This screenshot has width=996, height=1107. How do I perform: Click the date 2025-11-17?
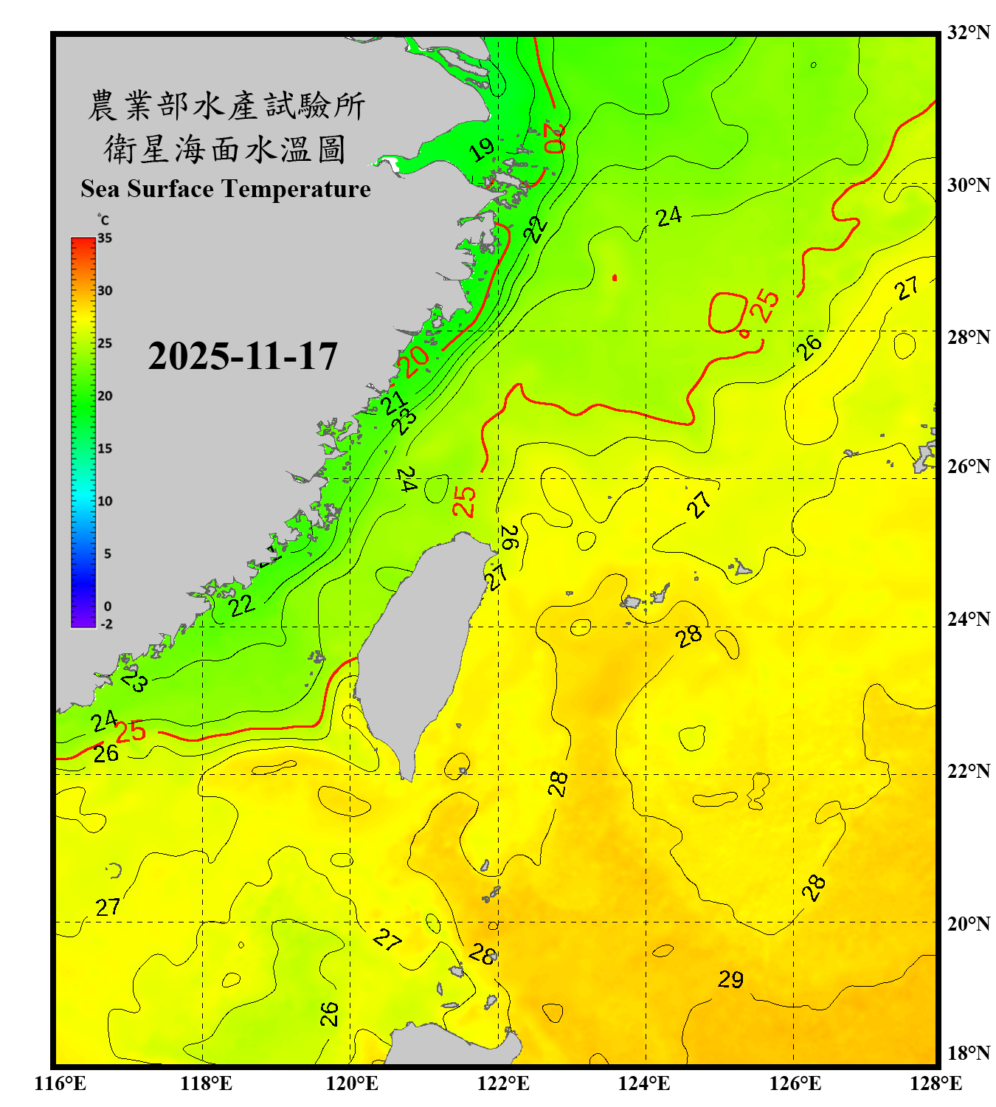[243, 356]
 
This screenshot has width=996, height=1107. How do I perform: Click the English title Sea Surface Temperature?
[226, 189]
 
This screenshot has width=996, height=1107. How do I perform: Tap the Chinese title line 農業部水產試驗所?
[226, 106]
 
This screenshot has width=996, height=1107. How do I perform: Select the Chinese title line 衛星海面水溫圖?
[225, 149]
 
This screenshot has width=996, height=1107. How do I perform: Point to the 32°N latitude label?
[968, 32]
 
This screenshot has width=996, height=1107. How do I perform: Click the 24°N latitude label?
[968, 618]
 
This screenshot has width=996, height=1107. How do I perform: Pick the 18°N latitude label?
[968, 1053]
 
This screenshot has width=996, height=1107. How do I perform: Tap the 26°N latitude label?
[968, 466]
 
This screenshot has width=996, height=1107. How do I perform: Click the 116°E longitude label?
[60, 1083]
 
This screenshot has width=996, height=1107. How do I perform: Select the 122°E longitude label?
[503, 1083]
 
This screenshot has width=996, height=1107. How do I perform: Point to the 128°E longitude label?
[936, 1083]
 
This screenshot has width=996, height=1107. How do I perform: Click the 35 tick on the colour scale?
[105, 238]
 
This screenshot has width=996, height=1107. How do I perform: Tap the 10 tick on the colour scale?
[105, 501]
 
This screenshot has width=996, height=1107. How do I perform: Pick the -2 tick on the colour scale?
[106, 624]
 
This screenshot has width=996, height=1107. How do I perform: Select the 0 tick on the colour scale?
[108, 607]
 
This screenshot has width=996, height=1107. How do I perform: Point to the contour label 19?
[482, 150]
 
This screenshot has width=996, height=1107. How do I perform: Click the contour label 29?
[730, 979]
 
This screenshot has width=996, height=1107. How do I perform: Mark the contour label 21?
[393, 403]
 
